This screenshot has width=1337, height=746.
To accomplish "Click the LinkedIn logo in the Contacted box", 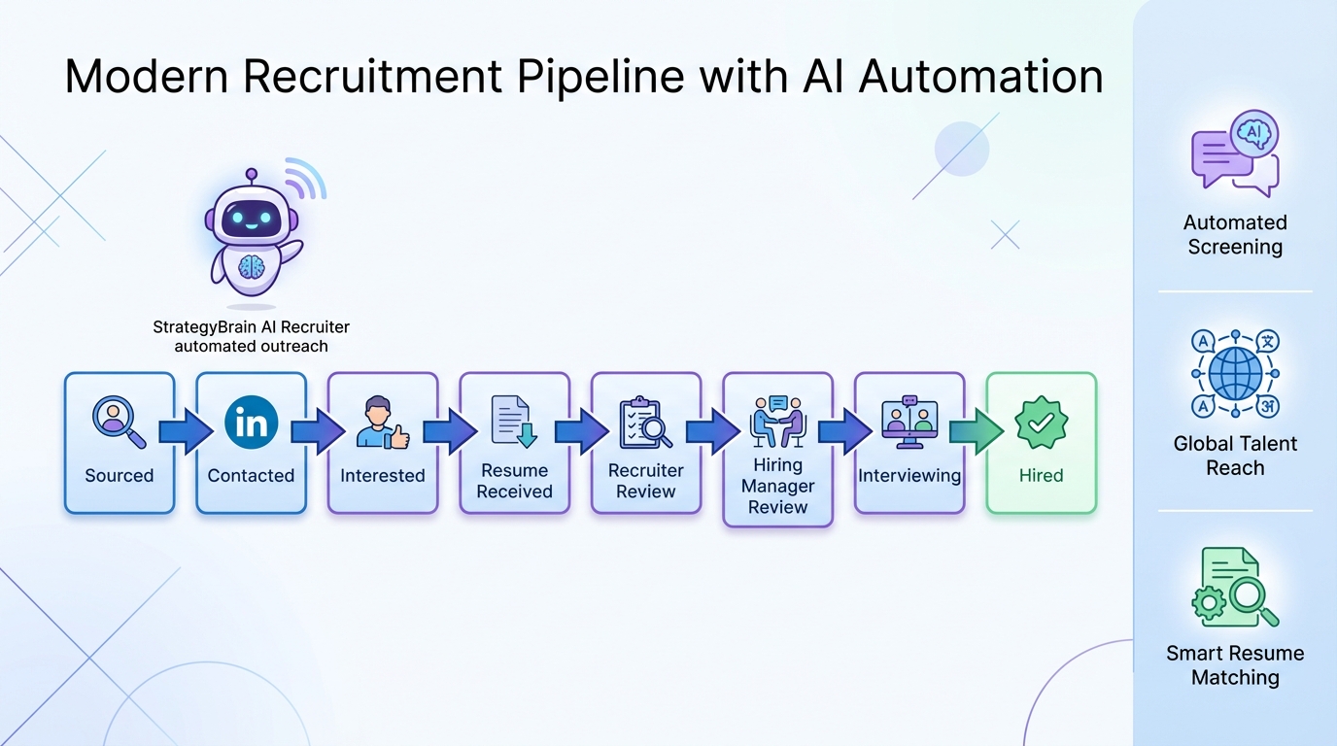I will pyautogui.click(x=252, y=423).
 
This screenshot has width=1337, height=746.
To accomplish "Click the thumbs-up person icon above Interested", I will pyautogui.click(x=382, y=423).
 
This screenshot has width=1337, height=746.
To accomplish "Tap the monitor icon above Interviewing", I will pyautogui.click(x=908, y=423).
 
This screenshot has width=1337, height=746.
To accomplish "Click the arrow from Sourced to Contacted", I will pyautogui.click(x=186, y=430).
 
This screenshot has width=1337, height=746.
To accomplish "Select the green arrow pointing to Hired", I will pyautogui.click(x=976, y=430).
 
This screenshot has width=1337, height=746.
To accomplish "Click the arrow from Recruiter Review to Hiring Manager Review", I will pyautogui.click(x=712, y=430).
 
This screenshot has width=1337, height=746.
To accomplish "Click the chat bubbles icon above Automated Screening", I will pyautogui.click(x=1235, y=153).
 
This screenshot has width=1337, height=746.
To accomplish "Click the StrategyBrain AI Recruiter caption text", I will pyautogui.click(x=251, y=327).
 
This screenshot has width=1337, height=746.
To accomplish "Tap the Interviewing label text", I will pyautogui.click(x=908, y=476).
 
